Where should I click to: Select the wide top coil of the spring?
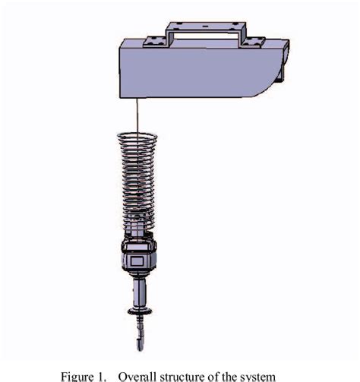137,137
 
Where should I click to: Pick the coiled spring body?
137,182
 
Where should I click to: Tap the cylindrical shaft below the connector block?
137,292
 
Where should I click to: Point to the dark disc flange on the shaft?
137,311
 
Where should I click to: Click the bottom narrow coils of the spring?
137,224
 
